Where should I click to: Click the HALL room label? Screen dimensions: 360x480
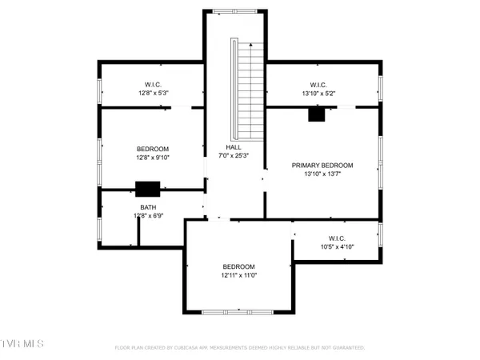[x=234, y=147]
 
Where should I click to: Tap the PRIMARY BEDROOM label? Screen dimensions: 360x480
[x=322, y=166]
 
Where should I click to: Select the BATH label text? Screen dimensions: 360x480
[x=149, y=207]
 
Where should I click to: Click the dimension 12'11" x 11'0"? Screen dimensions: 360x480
[x=238, y=275]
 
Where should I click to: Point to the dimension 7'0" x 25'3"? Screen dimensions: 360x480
[x=234, y=156]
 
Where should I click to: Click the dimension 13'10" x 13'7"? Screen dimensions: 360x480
[x=322, y=174]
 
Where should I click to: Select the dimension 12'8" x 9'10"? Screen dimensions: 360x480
[x=152, y=158]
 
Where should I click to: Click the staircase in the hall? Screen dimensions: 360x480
[x=248, y=88]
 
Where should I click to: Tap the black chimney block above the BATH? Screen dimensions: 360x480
[x=147, y=189]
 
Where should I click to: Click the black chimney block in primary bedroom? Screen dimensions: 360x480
[x=317, y=114]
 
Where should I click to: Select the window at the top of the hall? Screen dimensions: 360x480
[x=234, y=10]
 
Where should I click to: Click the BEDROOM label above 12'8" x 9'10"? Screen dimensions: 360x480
[x=152, y=149]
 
